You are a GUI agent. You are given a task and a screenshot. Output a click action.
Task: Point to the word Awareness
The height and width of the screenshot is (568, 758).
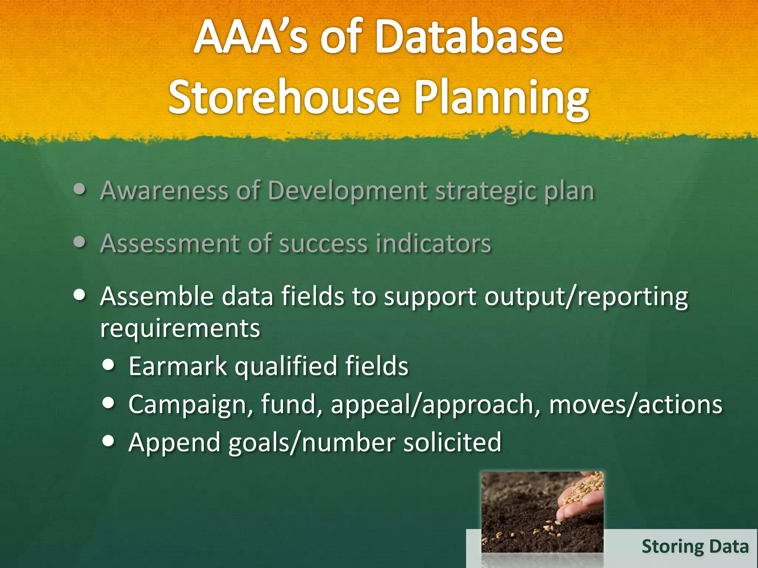[164, 191]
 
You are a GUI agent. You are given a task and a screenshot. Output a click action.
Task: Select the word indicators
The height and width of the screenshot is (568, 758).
[433, 244]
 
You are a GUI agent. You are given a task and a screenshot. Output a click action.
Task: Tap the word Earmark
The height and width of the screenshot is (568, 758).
[177, 366]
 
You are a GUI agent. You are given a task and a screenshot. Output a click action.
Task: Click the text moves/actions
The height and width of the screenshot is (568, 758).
[635, 404]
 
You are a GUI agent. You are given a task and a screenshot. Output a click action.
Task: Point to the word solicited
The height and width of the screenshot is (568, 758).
[452, 442]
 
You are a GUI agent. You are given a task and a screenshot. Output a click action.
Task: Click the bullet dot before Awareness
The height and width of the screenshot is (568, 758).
[80, 189]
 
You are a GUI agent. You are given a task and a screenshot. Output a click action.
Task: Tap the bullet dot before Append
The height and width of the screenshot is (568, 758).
[108, 441]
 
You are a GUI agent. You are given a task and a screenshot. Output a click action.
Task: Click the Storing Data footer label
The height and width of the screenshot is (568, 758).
[695, 547]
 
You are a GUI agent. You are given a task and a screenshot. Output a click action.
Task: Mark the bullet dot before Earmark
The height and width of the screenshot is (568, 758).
[108, 365]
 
